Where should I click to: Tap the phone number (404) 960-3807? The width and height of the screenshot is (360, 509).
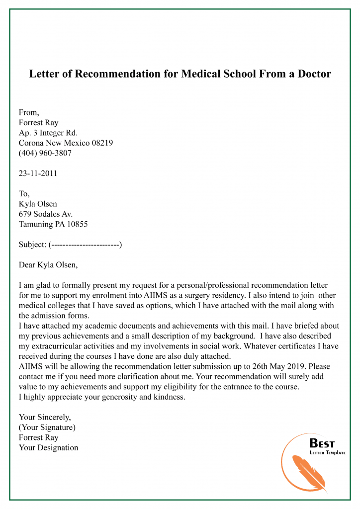45,153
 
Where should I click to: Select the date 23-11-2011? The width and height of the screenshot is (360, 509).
38,173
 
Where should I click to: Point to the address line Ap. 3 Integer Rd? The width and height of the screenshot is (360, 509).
48,133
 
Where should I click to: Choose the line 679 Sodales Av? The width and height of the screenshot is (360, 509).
46,214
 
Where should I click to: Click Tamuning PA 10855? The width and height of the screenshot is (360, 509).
53,224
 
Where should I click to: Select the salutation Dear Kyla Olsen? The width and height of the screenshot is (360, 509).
48,264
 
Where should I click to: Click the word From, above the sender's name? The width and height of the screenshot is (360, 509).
29,112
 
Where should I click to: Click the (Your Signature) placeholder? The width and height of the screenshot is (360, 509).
47,427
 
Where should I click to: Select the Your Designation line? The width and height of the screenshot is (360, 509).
48,448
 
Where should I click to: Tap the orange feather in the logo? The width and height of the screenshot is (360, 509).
308,473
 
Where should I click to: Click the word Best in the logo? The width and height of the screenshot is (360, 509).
322,443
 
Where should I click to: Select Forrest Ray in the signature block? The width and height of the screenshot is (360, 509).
38,437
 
